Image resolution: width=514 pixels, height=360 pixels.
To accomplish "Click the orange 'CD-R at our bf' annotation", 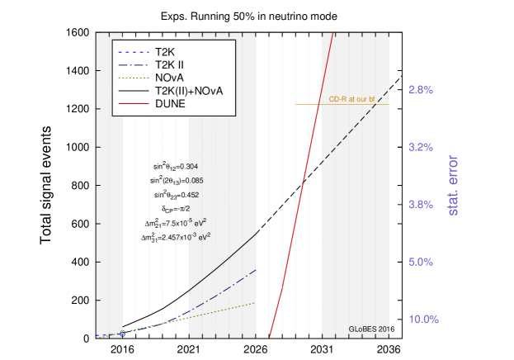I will click(351, 99).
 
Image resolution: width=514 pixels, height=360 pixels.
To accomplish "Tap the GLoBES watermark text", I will click(368, 329).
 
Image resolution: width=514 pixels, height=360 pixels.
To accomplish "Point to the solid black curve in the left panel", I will click(223, 264).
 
